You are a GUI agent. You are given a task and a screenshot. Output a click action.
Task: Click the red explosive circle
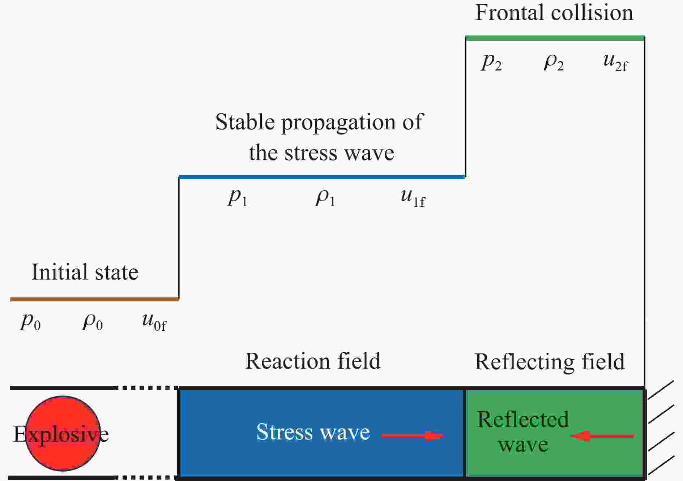coord(63,434)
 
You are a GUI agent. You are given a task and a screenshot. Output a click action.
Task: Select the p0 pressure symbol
coord(30,321)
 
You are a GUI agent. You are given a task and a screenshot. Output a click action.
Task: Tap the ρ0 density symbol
coord(93,321)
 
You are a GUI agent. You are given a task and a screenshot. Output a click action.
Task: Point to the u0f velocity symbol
coord(154,322)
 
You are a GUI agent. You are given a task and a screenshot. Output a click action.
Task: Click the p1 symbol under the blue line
coord(238,197)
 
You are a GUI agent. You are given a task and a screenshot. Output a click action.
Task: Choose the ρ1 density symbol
coord(325,197)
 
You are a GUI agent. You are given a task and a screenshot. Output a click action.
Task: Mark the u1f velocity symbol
coord(413,198)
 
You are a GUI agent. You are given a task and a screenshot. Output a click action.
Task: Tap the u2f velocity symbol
coord(616,62)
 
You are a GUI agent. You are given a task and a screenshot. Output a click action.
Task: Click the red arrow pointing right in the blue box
coord(413,436)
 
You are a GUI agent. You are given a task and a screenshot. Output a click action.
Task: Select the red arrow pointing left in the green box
coord(602,436)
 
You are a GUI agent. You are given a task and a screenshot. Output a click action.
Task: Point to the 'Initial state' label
coord(85,272)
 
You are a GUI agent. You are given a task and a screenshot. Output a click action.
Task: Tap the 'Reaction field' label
coord(313,361)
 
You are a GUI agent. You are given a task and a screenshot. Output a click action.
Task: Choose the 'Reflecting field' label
coord(550,362)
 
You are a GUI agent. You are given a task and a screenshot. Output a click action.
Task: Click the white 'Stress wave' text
coord(313,431)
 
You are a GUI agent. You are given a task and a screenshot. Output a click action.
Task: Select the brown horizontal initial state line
coord(95,299)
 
